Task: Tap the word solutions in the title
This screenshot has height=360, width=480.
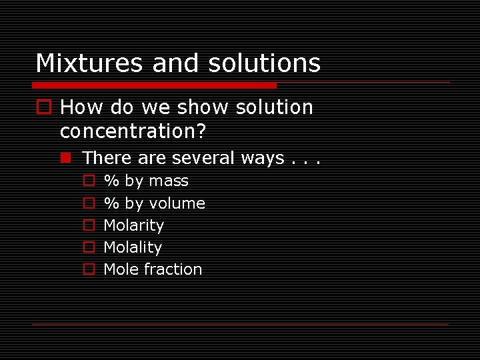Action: (264, 63)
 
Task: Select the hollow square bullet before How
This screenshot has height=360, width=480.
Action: (45, 107)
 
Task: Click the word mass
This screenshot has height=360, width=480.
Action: (169, 181)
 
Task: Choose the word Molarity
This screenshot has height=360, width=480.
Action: (133, 225)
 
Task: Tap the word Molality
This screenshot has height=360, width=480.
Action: (133, 247)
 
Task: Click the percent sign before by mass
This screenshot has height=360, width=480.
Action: (111, 181)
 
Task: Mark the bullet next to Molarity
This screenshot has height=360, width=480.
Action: (88, 225)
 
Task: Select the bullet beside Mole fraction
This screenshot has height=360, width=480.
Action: (88, 269)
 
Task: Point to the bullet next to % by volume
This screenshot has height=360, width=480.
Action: (88, 203)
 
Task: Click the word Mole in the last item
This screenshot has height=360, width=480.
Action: (120, 269)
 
